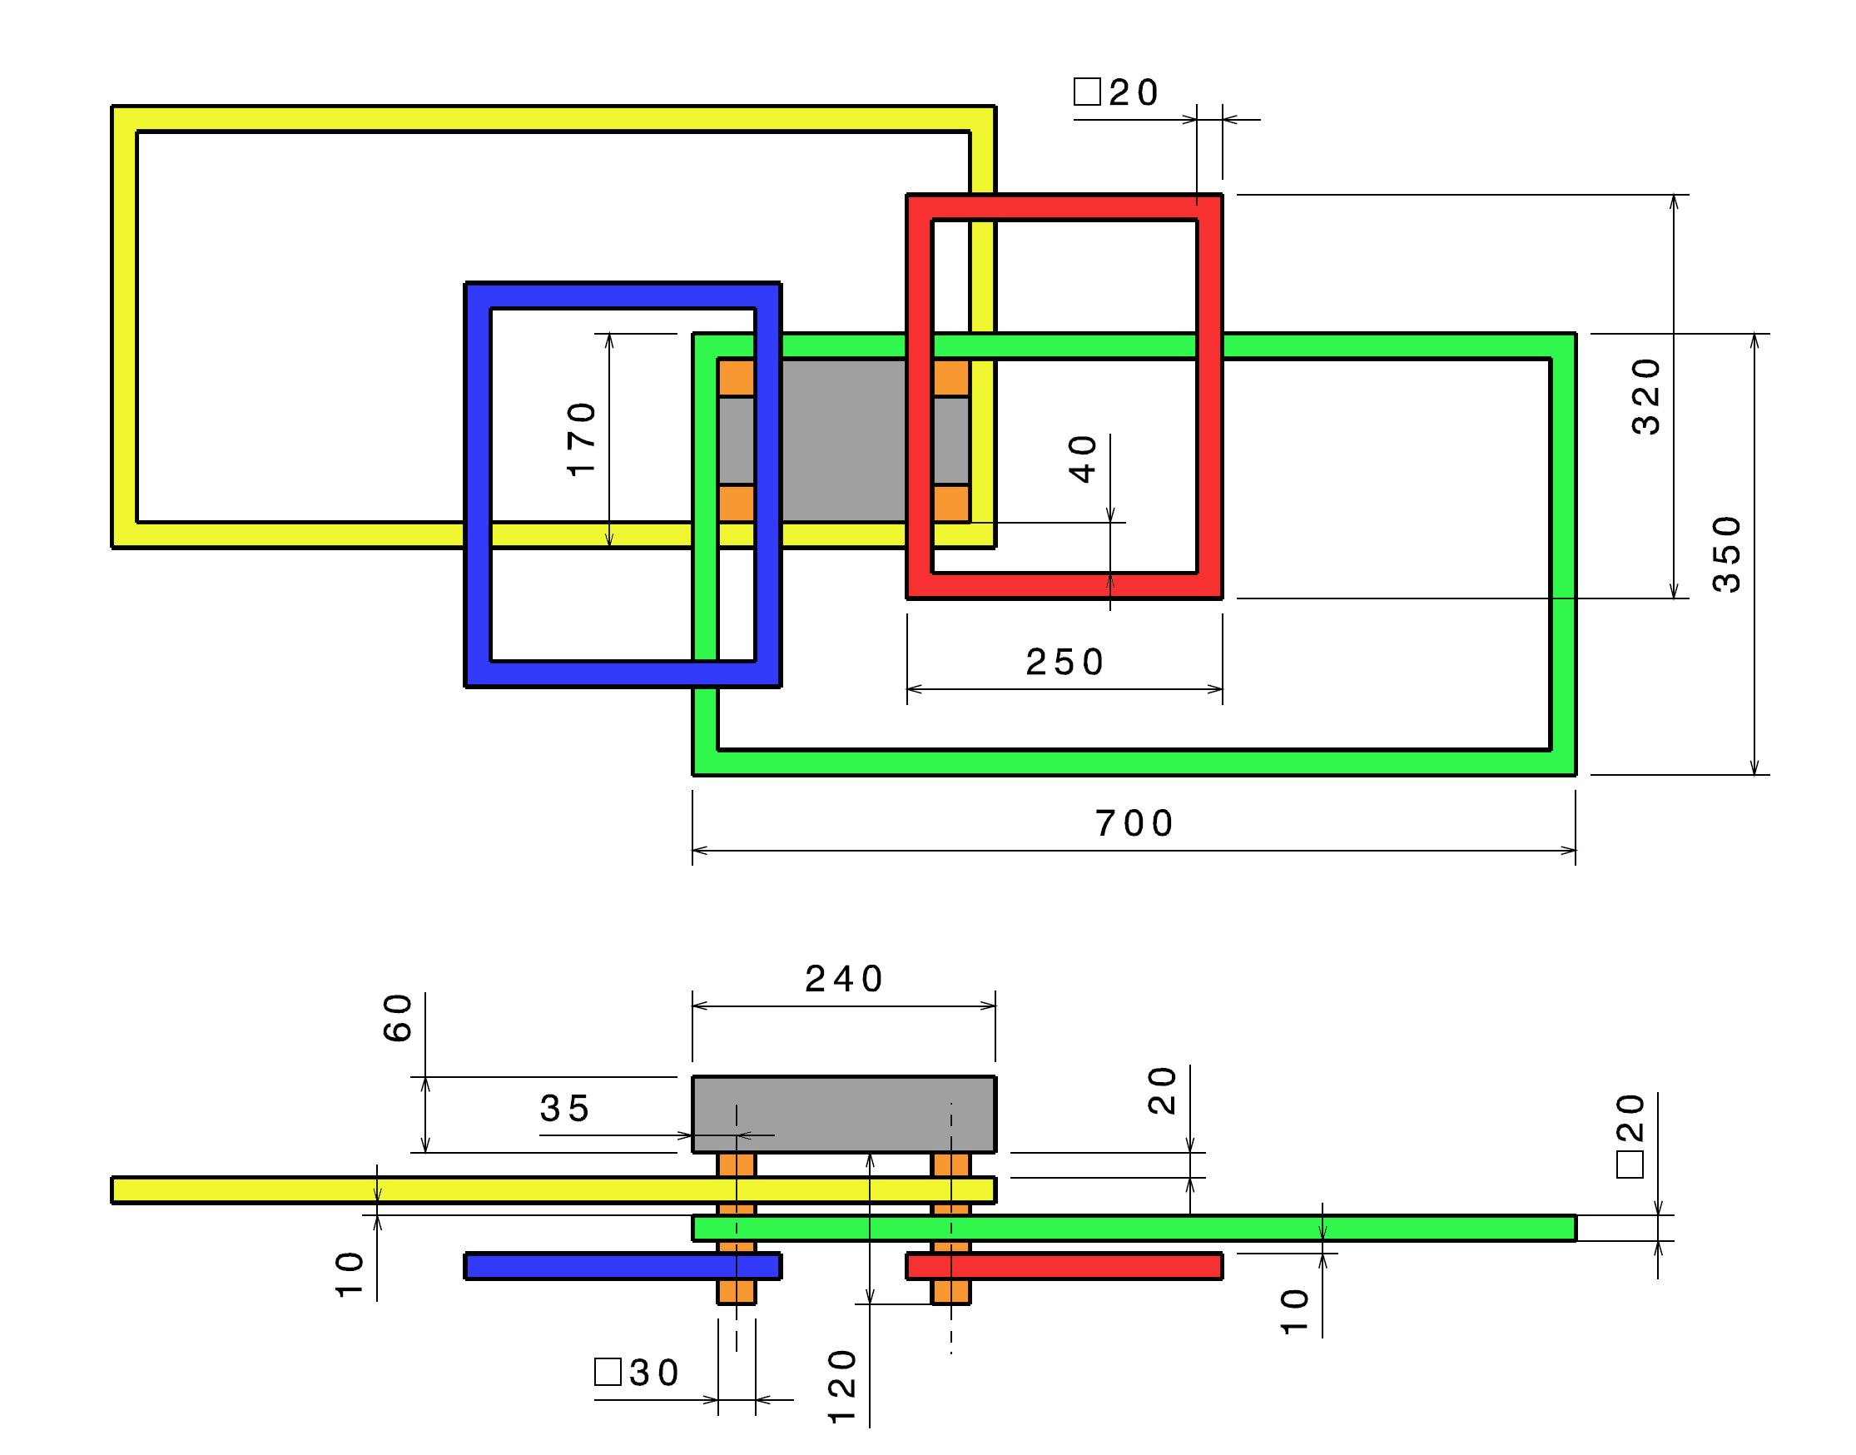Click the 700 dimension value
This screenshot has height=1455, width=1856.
pyautogui.click(x=1134, y=824)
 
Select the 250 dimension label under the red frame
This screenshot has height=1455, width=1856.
pyautogui.click(x=1064, y=663)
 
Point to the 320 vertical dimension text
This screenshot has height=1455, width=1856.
pyautogui.click(x=1645, y=397)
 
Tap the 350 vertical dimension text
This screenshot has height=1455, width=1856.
pyautogui.click(x=1726, y=554)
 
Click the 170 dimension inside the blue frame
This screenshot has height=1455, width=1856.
pyautogui.click(x=581, y=439)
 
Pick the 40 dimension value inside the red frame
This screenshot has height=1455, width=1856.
pyautogui.click(x=1083, y=459)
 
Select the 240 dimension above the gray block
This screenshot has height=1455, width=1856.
pyautogui.click(x=843, y=979)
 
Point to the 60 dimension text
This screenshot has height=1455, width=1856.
pyautogui.click(x=398, y=1018)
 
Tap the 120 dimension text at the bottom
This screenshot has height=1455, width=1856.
pyautogui.click(x=841, y=1386)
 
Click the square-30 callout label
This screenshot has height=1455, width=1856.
pyautogui.click(x=638, y=1373)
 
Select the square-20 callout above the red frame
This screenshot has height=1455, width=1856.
pyautogui.click(x=1116, y=92)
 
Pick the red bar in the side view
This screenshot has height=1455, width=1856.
pyautogui.click(x=1064, y=1267)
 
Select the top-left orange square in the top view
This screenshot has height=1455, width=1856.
pyautogui.click(x=736, y=377)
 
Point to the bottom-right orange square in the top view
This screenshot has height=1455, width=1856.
pyautogui.click(x=950, y=504)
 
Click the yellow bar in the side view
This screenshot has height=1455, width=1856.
pyautogui.click(x=426, y=1190)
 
